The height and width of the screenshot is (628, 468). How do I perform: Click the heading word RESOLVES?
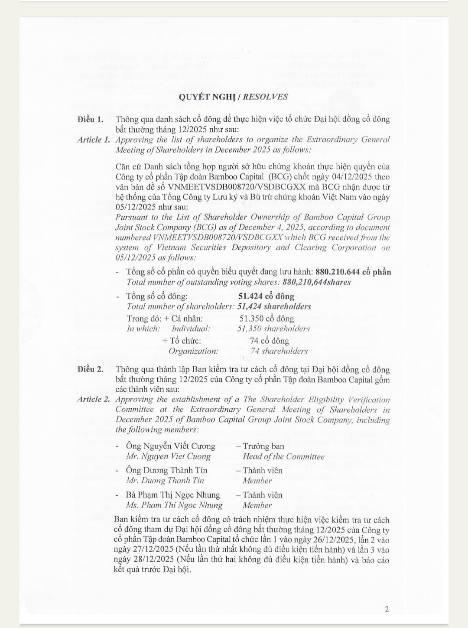[x=265, y=97]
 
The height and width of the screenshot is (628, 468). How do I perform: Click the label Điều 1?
[x=91, y=119]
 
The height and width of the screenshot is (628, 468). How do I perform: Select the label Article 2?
[x=93, y=399]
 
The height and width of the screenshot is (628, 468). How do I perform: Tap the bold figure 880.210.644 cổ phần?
[x=353, y=272]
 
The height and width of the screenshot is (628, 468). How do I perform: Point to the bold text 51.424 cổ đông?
[x=266, y=296]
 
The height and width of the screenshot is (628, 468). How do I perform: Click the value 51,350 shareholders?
[x=273, y=329]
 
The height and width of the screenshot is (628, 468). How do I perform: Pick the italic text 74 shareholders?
[x=279, y=351]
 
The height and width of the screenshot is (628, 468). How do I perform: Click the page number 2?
[x=387, y=609]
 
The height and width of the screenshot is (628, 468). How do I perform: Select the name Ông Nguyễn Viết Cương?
[x=170, y=446]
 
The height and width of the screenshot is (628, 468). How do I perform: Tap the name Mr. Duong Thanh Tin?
[x=165, y=480]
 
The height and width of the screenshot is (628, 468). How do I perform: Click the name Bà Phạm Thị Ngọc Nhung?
[x=173, y=495]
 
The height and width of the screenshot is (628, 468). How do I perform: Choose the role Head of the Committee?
[x=283, y=456]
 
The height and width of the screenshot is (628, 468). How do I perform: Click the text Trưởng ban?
[x=263, y=446]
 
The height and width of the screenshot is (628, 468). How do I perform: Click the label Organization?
[x=193, y=351]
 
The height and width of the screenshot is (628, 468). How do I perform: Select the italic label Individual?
[x=191, y=329]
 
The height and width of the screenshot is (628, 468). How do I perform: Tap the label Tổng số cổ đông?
[x=157, y=296]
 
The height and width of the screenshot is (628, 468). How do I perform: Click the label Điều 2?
[x=91, y=369]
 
